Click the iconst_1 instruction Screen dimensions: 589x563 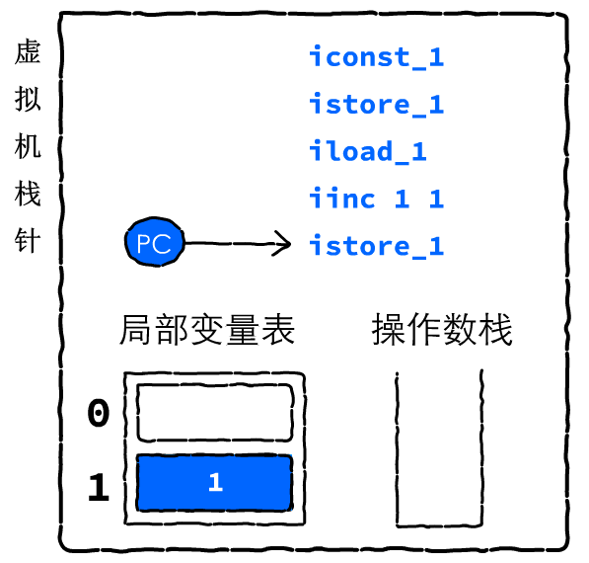click(x=377, y=56)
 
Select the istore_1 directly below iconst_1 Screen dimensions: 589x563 click(x=377, y=104)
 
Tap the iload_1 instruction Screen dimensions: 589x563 click(x=368, y=151)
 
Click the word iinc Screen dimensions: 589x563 click(x=341, y=198)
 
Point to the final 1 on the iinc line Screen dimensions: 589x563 click(x=436, y=199)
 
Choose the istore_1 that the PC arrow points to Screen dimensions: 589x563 click(x=377, y=245)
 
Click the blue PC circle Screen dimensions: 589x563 click(x=154, y=242)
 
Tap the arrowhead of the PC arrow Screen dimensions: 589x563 click(x=282, y=244)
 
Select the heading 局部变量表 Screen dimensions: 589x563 click(x=207, y=330)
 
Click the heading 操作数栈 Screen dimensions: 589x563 click(x=442, y=330)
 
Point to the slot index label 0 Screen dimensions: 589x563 click(x=99, y=413)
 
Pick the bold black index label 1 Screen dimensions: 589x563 click(x=99, y=487)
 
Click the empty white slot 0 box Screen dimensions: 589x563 click(x=215, y=413)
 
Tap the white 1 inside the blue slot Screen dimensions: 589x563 click(x=216, y=482)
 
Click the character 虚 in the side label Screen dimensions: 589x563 click(x=28, y=51)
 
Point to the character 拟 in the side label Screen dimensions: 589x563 click(x=28, y=99)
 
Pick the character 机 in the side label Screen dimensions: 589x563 click(x=28, y=146)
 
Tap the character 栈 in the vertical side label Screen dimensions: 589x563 click(x=28, y=194)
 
